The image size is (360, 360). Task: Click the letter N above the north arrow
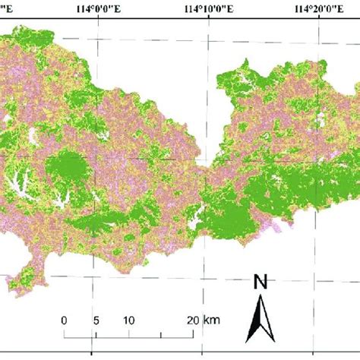pos(261,283)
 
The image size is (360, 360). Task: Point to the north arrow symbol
pos(261,317)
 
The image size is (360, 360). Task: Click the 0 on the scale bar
pos(65,319)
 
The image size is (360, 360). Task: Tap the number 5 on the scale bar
pos(96,319)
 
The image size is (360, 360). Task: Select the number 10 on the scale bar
pos(128,319)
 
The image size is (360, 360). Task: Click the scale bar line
pos(129,334)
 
